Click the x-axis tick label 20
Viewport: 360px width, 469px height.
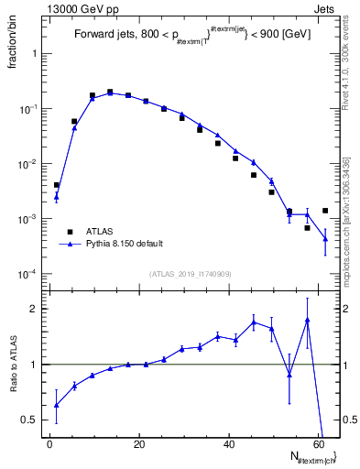(x=139, y=443)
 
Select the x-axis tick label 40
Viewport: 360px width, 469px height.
(x=230, y=443)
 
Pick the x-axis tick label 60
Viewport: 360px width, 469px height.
(x=320, y=443)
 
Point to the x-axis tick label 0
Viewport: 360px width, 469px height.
(x=49, y=443)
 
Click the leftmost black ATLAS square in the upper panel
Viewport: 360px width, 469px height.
(x=56, y=185)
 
